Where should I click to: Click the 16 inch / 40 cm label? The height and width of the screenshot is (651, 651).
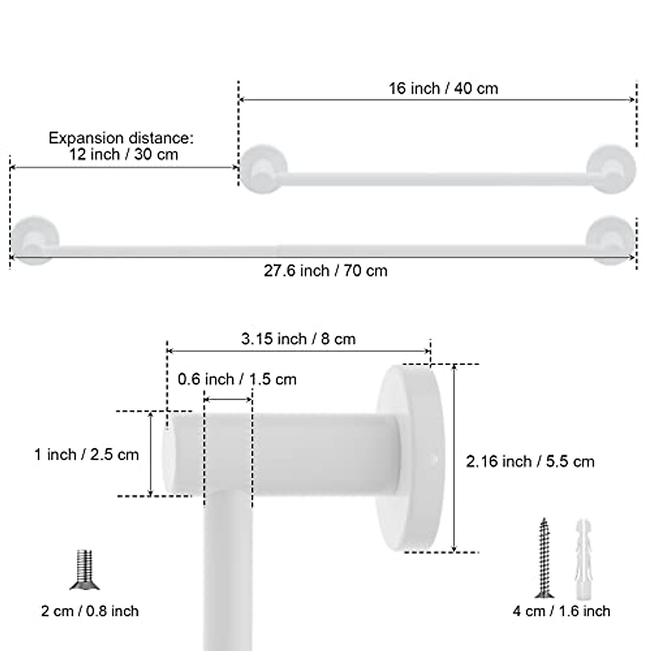tap(443, 88)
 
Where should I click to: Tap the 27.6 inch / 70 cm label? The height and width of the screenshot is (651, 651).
tap(325, 270)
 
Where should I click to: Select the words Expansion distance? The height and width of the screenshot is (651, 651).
tap(120, 138)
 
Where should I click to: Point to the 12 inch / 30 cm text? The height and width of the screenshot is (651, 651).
tap(124, 155)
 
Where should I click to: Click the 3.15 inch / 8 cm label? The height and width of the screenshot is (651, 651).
tap(298, 339)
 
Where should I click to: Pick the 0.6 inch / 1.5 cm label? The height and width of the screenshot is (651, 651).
tap(237, 379)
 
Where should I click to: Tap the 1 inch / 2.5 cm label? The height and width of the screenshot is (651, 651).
tap(87, 454)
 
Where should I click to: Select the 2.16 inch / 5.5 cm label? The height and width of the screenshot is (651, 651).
tap(530, 462)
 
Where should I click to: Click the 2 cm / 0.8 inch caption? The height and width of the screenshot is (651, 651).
tap(90, 611)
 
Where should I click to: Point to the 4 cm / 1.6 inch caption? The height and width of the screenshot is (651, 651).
tap(561, 611)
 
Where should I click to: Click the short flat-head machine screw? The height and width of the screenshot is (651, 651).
tap(84, 570)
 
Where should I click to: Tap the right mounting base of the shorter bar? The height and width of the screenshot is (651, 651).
tap(611, 168)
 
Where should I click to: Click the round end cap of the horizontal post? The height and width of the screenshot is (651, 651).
tap(169, 454)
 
